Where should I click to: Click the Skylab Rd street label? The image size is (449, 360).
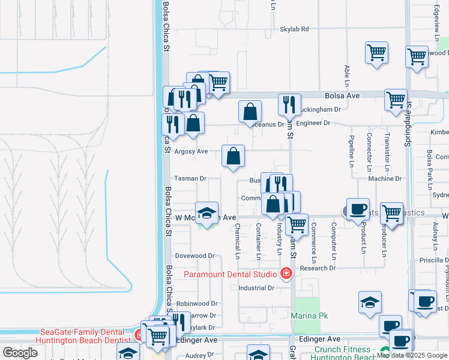click(x=294, y=29)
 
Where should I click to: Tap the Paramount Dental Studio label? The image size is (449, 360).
click(x=231, y=275)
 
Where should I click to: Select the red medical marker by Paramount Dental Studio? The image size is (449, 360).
click(x=286, y=275)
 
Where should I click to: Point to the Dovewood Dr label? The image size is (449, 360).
click(x=195, y=256)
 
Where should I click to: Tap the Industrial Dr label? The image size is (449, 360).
click(x=256, y=287)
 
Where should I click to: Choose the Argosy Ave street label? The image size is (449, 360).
click(x=190, y=151)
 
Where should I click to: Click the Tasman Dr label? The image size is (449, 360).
click(x=190, y=179)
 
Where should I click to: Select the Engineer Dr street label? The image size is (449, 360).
click(x=313, y=123)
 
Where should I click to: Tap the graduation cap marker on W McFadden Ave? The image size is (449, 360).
click(x=206, y=214)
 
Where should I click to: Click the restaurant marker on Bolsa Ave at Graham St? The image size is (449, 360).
click(x=289, y=105)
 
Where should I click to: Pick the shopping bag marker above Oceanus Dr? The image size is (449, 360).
click(x=250, y=112)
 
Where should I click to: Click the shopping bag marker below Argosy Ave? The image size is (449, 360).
click(x=233, y=156)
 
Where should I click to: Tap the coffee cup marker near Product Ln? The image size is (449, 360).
click(x=358, y=209)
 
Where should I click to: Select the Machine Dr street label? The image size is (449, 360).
click(x=385, y=179)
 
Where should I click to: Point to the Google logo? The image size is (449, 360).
click(x=20, y=353)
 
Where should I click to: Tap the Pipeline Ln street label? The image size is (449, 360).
click(x=351, y=151)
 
